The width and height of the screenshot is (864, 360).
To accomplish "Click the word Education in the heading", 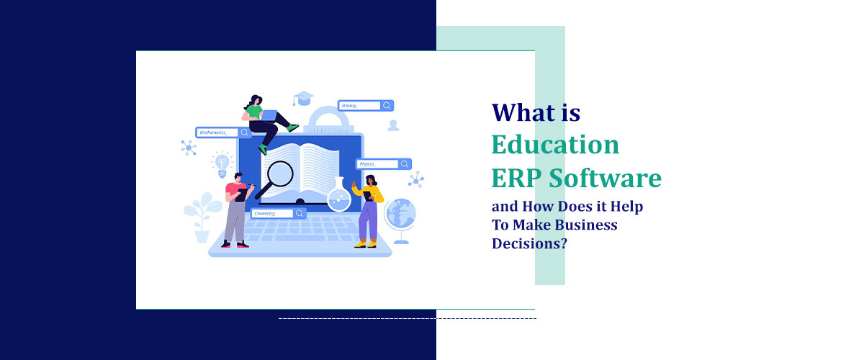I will (x=555, y=145).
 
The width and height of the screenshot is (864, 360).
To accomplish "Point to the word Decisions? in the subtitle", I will (x=529, y=243).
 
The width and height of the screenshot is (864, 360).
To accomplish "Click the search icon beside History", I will (x=387, y=106).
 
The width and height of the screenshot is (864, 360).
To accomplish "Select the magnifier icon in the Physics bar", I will (x=405, y=164).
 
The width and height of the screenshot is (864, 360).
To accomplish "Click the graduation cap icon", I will (x=304, y=99).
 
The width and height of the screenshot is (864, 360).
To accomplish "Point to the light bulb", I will (x=221, y=162).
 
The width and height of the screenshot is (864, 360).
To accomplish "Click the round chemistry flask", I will (x=338, y=197).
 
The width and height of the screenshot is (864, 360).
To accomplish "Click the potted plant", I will (x=202, y=215).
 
